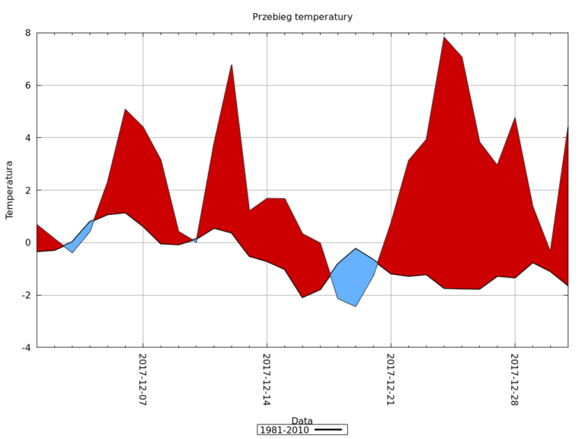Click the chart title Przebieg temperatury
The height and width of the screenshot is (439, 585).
302,17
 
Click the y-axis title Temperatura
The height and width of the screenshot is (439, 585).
10,190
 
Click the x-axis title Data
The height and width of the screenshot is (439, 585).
302,421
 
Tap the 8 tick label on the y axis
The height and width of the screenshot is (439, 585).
27,33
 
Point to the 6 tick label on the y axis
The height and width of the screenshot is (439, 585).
27,85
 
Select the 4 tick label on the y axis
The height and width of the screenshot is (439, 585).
27,138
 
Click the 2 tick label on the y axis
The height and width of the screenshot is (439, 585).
27,191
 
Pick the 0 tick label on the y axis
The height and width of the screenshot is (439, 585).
27,242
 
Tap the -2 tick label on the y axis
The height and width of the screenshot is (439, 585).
25,295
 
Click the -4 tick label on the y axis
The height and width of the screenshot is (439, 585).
25,348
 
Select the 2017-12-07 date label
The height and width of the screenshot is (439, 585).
142,379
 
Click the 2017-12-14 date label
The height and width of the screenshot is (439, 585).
267,379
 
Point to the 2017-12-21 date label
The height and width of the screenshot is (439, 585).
390,379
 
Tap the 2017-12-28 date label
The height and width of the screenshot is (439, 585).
514,379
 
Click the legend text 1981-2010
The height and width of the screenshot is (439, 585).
284,430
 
